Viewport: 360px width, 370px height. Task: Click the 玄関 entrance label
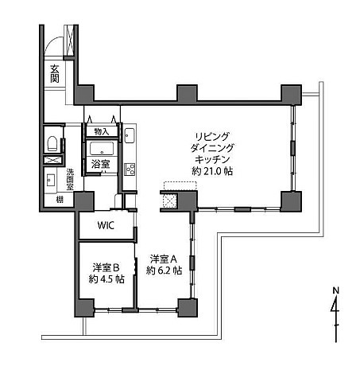55,73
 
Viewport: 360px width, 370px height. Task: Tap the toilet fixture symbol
52,143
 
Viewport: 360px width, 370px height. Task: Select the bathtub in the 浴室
102,149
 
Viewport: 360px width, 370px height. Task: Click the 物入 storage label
102,131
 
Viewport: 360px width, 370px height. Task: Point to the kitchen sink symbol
130,135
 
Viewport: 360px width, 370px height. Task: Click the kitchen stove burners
130,169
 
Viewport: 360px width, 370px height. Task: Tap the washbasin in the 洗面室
51,180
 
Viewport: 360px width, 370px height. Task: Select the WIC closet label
106,225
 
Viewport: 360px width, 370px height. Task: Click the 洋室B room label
106,267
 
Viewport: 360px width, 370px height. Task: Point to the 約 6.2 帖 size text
164,271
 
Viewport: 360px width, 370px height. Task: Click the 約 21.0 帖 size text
212,171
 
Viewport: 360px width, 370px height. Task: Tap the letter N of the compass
336,290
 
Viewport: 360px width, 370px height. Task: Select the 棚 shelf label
60,200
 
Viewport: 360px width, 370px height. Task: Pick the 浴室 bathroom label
100,164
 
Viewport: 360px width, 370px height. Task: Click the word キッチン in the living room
212,159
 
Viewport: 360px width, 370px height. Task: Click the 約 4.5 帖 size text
106,279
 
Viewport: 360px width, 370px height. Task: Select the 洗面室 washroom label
70,179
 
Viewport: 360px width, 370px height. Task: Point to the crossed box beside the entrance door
69,41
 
